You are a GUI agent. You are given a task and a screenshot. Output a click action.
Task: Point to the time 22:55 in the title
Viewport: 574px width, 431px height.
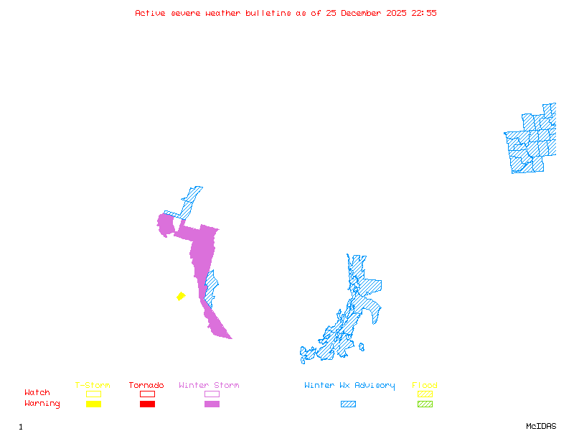[x=424, y=13]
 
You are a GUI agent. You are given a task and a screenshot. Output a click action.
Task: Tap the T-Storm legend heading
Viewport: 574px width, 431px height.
[x=93, y=386]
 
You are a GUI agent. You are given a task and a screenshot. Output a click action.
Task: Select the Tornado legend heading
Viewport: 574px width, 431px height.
[x=146, y=386]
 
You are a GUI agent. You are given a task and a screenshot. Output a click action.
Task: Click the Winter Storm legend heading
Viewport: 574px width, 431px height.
[x=209, y=386]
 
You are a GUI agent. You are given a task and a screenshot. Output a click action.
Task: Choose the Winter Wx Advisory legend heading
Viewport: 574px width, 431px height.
[x=349, y=386]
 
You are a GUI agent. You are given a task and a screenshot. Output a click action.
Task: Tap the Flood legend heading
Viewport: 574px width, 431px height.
[x=425, y=386]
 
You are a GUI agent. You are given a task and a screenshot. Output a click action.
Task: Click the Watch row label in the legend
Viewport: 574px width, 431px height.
[x=37, y=393]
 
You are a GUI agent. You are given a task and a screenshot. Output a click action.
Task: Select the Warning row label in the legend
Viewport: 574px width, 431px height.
[x=42, y=404]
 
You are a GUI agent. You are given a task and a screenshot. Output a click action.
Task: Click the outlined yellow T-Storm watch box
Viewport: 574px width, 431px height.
[x=93, y=394]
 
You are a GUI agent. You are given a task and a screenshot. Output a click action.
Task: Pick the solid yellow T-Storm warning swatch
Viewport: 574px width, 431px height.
[x=93, y=404]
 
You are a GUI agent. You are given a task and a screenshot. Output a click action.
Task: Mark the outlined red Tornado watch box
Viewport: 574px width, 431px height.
[x=147, y=394]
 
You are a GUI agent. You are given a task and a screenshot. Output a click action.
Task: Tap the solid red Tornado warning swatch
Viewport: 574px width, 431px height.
[x=147, y=404]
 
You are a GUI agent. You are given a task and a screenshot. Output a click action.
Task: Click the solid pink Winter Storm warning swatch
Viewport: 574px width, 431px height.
[x=212, y=404]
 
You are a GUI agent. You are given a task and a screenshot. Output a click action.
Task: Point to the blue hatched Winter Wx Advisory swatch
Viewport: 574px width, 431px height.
[x=348, y=404]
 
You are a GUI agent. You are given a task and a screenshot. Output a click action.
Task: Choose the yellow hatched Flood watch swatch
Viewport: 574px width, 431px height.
[x=425, y=394]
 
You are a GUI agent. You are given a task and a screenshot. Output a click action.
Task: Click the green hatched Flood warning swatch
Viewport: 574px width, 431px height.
[x=425, y=404]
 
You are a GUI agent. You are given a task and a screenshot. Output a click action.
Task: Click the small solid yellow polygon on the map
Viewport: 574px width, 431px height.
[x=181, y=296]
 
